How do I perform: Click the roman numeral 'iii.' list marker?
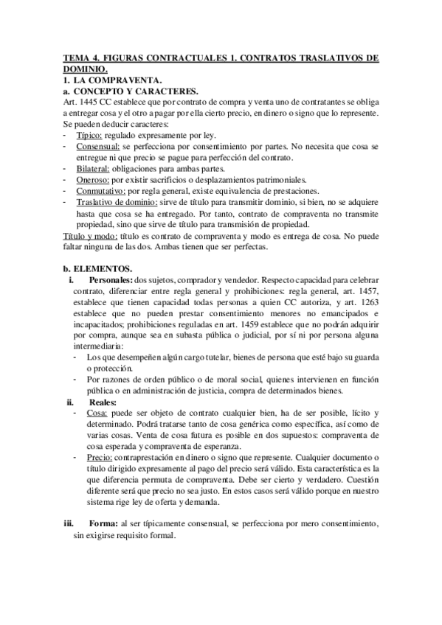(x=68, y=523)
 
